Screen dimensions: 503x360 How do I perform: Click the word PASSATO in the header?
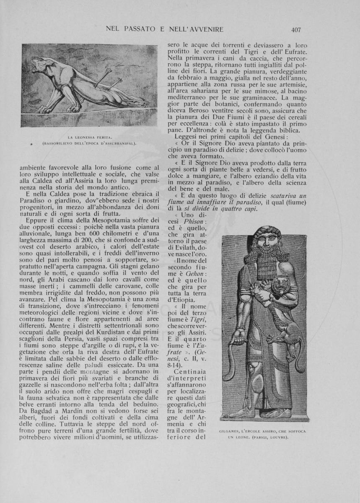click(140, 29)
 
